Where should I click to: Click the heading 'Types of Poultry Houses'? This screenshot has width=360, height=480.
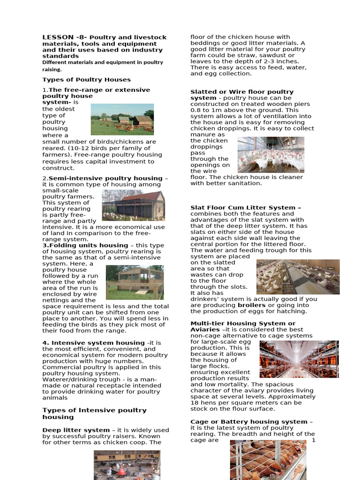point(86,80)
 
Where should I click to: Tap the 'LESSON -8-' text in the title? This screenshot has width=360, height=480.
point(65,37)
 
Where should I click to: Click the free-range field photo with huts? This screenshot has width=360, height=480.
point(122,119)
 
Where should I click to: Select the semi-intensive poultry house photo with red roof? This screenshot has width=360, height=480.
point(134,205)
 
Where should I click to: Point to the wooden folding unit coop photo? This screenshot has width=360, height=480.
point(135,282)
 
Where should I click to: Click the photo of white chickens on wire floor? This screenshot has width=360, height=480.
point(270,155)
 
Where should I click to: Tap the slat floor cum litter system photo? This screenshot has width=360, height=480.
point(298,277)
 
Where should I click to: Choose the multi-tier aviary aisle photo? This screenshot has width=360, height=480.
point(299,359)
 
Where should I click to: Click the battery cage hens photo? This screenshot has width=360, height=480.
point(268,459)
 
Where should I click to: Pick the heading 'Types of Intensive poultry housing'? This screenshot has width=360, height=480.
point(94,413)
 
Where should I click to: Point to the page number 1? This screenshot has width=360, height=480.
point(313,440)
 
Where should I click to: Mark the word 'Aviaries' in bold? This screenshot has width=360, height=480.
point(205,330)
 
